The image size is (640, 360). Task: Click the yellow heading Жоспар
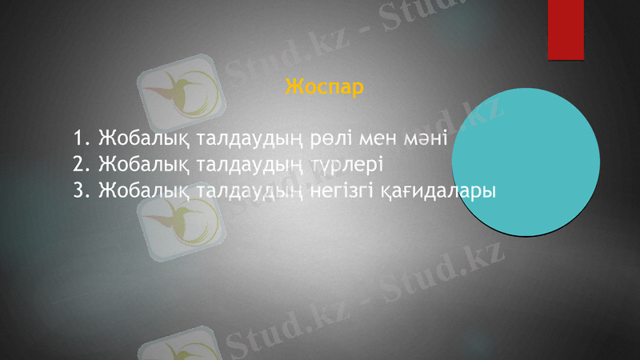click(x=324, y=86)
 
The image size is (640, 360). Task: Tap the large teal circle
click(x=526, y=162)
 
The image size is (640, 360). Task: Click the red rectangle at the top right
click(x=566, y=29)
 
